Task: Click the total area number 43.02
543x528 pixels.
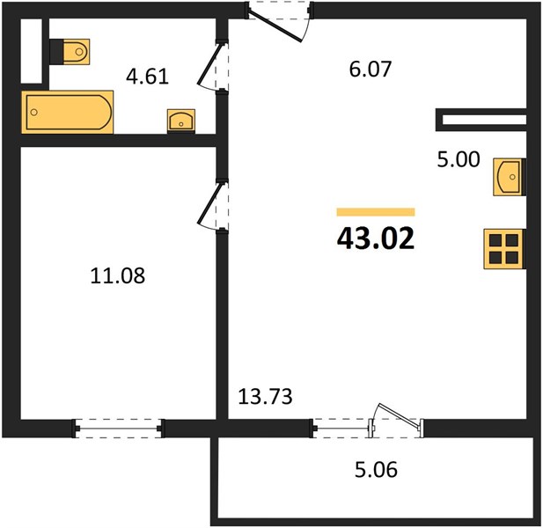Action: [376, 238]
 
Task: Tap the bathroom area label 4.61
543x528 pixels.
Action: [147, 77]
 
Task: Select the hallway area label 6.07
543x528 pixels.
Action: [371, 69]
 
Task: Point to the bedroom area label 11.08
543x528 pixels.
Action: [118, 276]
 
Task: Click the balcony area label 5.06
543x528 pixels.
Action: [376, 470]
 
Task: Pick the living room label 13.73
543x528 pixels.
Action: [265, 397]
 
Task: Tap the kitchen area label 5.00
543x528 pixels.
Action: [459, 159]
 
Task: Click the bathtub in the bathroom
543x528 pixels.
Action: [68, 112]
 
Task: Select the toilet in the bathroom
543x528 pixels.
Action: [70, 52]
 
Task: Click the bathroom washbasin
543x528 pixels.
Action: [181, 121]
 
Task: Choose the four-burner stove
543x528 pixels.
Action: [504, 248]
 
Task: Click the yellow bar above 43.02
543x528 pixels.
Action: [376, 212]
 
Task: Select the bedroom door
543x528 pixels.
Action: [209, 206]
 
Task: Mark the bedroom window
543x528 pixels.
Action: [118, 429]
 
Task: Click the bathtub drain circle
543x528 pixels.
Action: [34, 112]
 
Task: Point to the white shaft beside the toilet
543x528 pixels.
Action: [32, 51]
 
